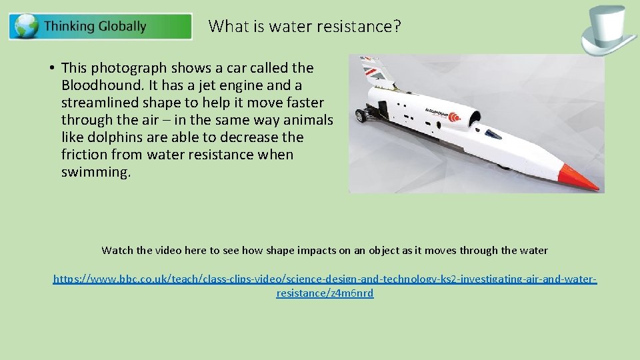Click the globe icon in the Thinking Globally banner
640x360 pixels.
pos(27,27)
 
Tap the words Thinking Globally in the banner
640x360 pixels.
pos(95,27)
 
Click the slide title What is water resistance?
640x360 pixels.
pos(305,27)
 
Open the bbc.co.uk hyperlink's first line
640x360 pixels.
pos(325,279)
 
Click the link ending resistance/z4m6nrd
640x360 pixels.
pos(325,293)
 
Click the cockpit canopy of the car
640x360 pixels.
pos(491,135)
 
